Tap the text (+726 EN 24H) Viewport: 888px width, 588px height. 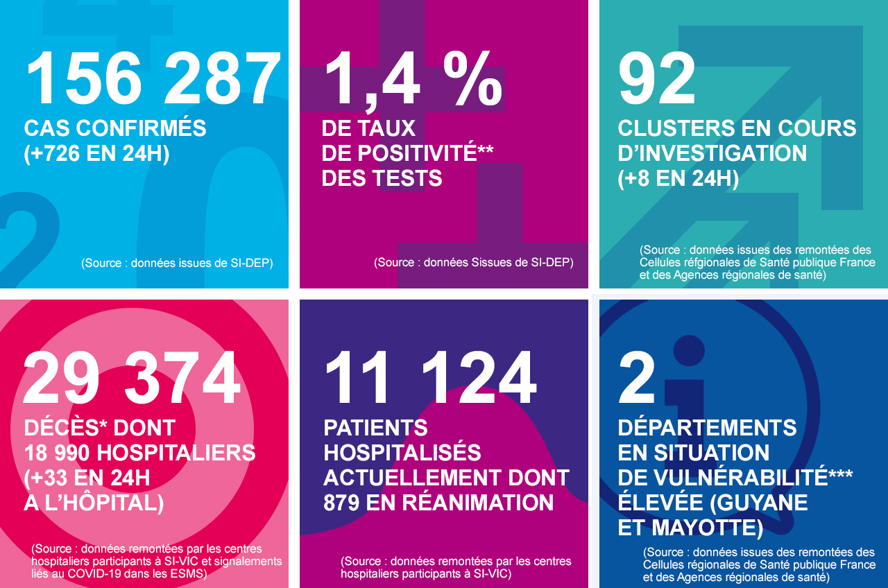coord(96,153)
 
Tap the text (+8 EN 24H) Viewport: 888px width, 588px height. coord(678,178)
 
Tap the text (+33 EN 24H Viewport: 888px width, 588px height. coord(87,478)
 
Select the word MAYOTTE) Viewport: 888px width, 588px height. coord(708,528)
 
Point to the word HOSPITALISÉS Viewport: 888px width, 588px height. coord(402,453)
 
